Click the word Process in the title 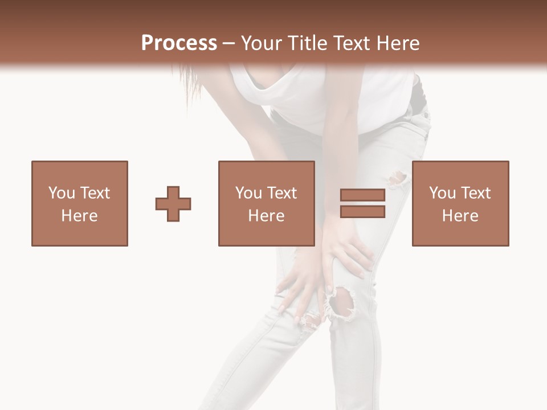point(179,43)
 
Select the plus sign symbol point(173,204)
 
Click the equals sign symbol point(362,203)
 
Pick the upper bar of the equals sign point(362,195)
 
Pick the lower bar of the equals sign point(362,211)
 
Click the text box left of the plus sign point(80,203)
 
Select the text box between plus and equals point(266,203)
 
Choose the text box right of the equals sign point(460,203)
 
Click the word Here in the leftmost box point(79,216)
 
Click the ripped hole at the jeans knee point(342,301)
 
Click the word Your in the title point(259,43)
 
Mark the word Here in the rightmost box point(460,216)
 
